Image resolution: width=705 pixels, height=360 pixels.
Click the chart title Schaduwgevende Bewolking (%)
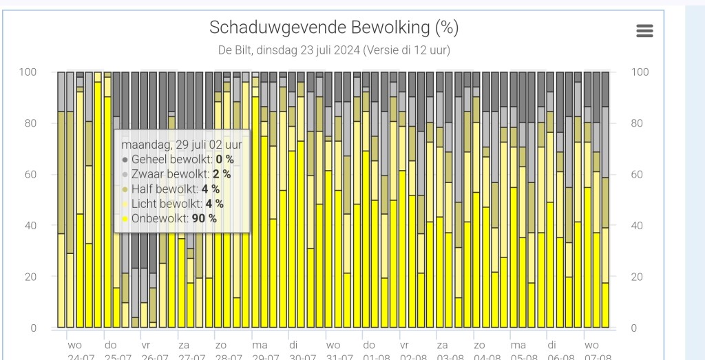tap(334, 28)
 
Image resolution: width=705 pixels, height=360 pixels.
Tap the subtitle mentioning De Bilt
tap(334, 51)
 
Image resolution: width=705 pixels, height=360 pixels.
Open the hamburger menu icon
tap(644, 31)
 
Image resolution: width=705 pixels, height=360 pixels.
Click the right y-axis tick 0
tap(634, 328)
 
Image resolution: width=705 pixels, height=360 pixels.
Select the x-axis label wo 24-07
tap(75, 350)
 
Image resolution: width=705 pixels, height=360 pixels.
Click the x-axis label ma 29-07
tap(260, 350)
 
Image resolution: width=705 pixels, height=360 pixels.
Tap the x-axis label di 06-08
tap(552, 350)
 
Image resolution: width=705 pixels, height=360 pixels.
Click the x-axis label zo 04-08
tap(479, 350)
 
